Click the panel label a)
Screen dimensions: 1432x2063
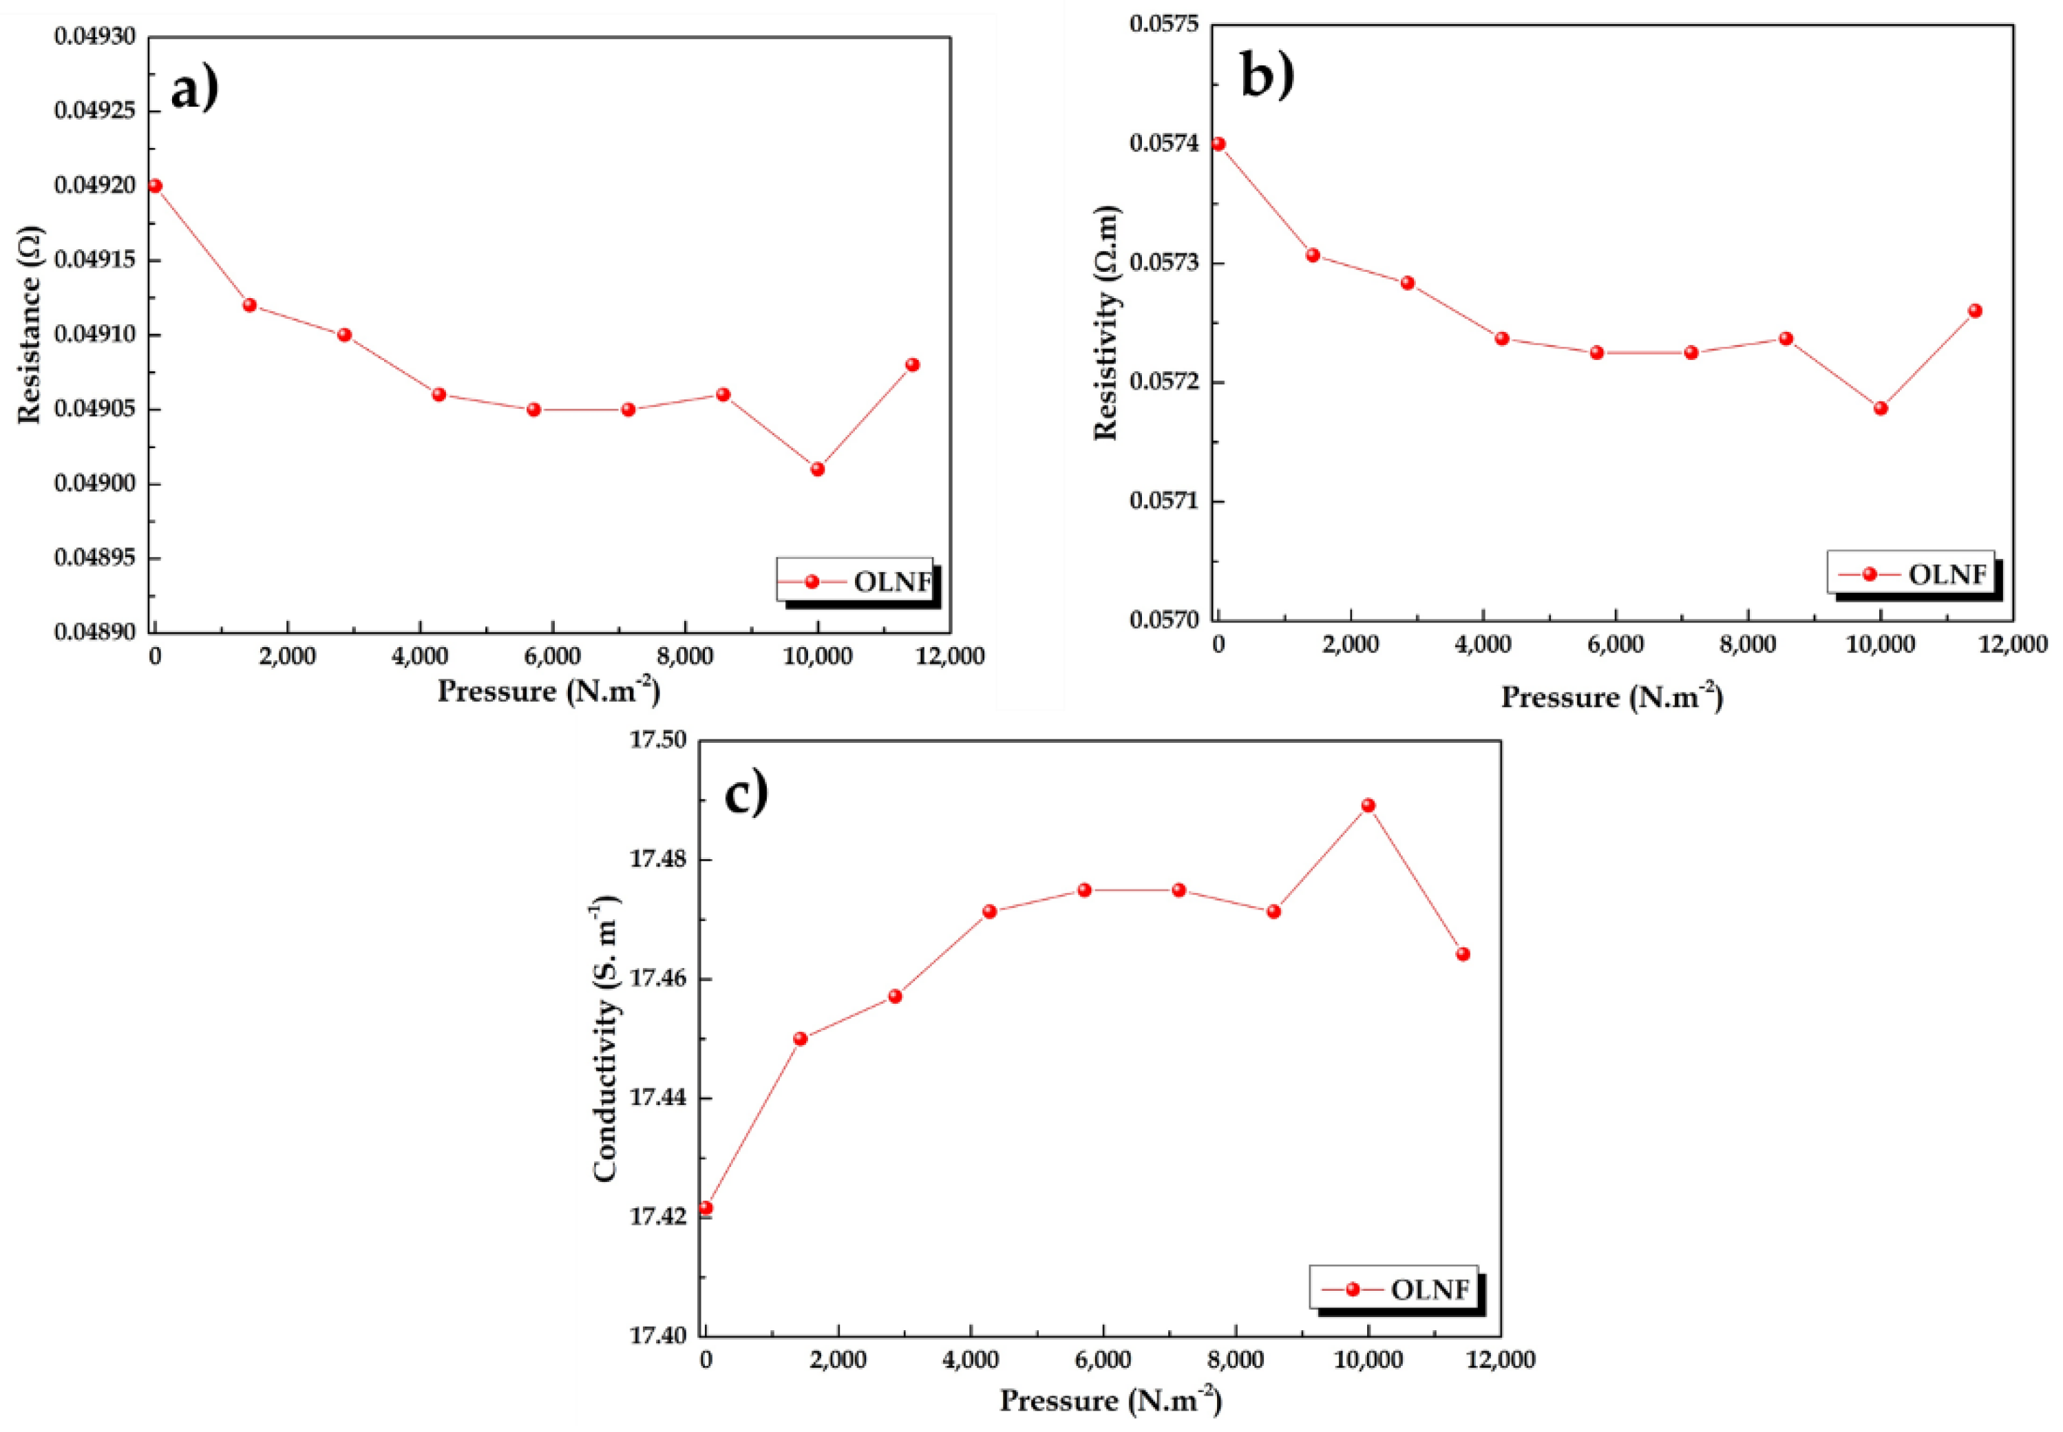coord(193,89)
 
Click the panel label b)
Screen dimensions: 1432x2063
coord(1267,74)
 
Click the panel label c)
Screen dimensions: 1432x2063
coord(745,793)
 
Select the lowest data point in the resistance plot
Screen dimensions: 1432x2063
coord(816,470)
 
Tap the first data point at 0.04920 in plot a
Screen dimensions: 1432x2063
coord(154,186)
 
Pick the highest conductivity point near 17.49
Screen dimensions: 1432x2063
coord(1367,805)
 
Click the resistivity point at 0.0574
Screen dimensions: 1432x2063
coord(1217,144)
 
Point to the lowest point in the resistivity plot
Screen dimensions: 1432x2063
coord(1880,408)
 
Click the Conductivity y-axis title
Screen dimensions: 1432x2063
coord(606,1036)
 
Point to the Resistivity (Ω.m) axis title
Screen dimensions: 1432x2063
coord(1104,323)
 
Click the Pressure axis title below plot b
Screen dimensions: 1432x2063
coord(1611,697)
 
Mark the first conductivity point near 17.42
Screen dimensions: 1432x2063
coord(705,1208)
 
